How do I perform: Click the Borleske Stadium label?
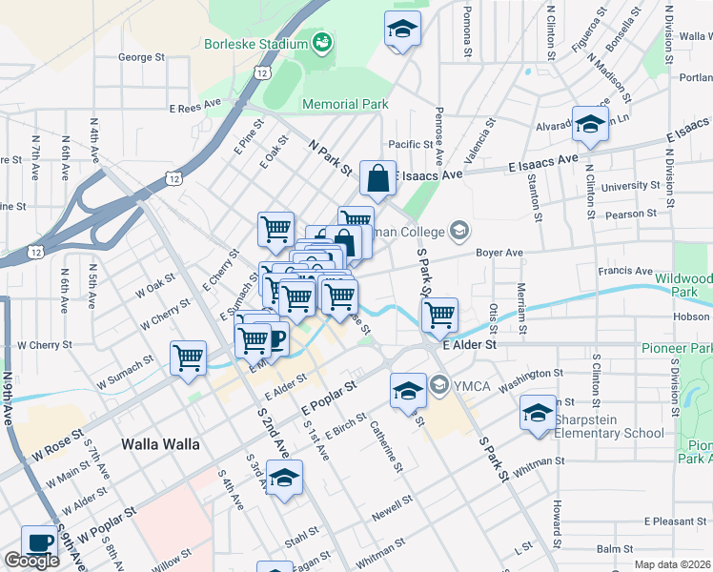254,44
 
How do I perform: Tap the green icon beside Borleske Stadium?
321,43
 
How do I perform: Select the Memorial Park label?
344,104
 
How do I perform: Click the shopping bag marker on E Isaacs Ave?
378,178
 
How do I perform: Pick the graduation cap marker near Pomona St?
402,29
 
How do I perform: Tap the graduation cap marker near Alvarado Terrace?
590,125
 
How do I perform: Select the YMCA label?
469,385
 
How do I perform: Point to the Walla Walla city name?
160,444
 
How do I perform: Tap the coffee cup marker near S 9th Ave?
39,542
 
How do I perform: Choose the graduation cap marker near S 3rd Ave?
284,479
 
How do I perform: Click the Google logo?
31,561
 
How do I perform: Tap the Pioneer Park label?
676,349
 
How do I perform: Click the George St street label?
141,57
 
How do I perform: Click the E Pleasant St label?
675,521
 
